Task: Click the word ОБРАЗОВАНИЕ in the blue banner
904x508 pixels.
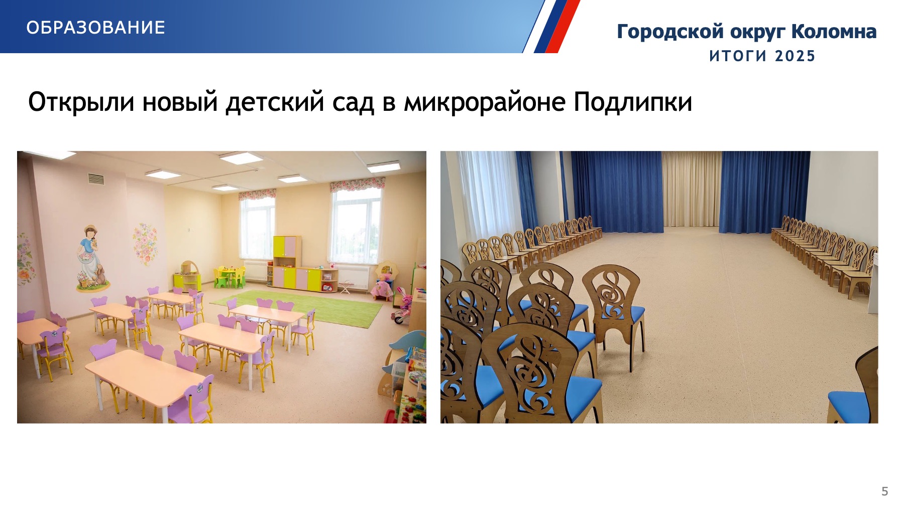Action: click(x=95, y=28)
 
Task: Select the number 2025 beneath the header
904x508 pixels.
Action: click(x=795, y=56)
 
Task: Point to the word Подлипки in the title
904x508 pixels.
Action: click(x=633, y=102)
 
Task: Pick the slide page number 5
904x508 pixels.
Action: click(x=885, y=491)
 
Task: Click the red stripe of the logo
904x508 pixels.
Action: click(x=562, y=26)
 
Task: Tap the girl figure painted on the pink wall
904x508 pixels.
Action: click(x=92, y=258)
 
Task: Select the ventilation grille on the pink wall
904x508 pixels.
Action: click(x=96, y=179)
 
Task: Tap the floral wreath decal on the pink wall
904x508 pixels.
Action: click(x=145, y=244)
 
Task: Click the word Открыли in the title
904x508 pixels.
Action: click(x=81, y=102)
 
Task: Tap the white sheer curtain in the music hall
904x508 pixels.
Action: click(x=485, y=196)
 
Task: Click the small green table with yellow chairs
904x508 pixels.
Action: click(x=230, y=277)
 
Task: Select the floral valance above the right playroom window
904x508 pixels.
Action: click(x=357, y=184)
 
